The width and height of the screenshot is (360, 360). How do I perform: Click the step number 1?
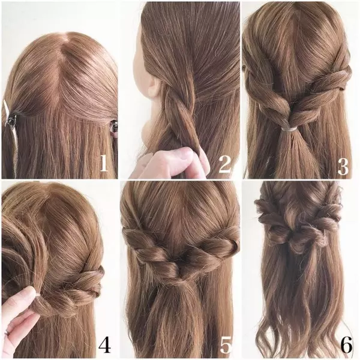point(104,163)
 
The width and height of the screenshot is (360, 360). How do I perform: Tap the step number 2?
point(224,164)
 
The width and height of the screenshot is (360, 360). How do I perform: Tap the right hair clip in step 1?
point(113,127)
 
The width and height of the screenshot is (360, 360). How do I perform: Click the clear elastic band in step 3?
point(289,128)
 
